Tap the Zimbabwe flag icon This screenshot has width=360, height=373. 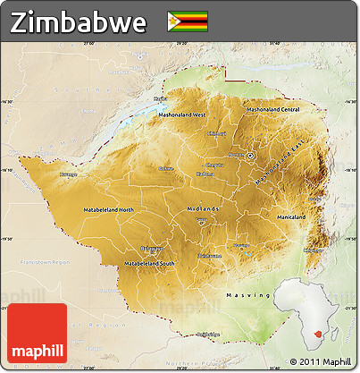pyautogui.click(x=187, y=21)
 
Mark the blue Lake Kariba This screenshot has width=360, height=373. pyautogui.click(x=143, y=114)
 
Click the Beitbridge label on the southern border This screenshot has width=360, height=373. pyautogui.click(x=206, y=335)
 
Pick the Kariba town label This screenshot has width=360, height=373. pyautogui.click(x=160, y=98)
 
